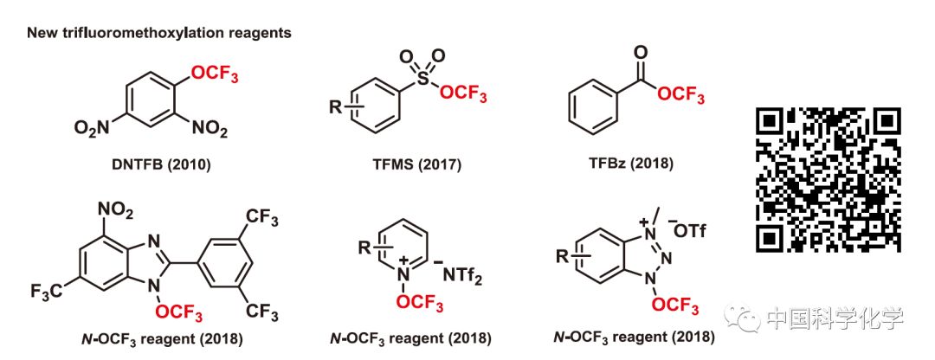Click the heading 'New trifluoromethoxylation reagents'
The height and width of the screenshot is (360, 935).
pos(158,34)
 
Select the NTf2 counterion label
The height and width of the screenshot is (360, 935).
pos(467,276)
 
